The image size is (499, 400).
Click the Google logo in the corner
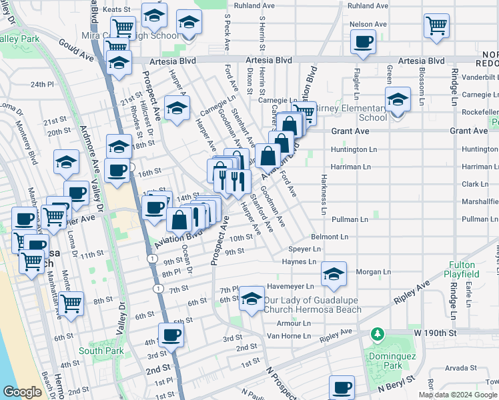coord(22,392)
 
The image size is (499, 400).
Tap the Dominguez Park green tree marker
coord(378,333)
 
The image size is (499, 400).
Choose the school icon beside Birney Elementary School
coord(398,100)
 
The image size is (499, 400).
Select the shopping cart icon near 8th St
coord(71,303)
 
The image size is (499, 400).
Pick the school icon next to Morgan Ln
coord(334,273)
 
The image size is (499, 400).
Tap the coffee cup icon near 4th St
coord(171,334)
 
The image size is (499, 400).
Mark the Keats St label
coord(115,10)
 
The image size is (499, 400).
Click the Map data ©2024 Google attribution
coord(458,395)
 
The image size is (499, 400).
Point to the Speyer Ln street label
coord(304,249)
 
